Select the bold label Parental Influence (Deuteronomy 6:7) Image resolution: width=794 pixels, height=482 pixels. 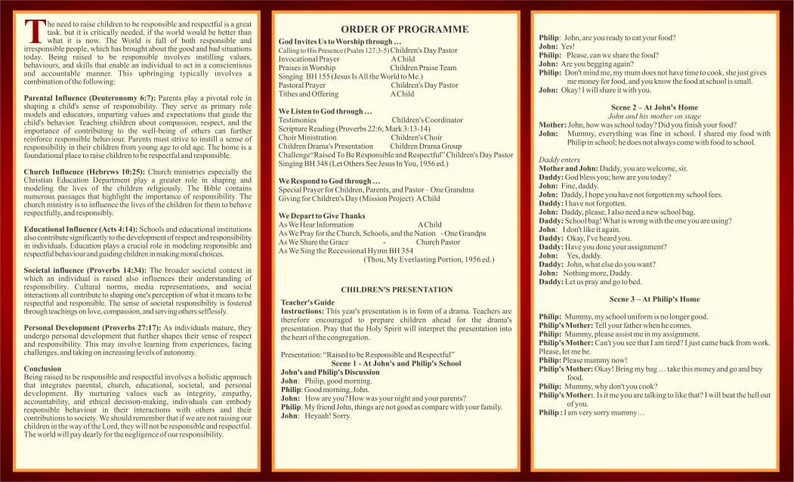[90, 99]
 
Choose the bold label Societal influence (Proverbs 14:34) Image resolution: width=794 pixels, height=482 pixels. [86, 270]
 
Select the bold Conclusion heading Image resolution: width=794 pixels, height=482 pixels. [43, 369]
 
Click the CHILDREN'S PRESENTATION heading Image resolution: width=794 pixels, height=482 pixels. [397, 289]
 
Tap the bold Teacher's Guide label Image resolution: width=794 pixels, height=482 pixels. [307, 302]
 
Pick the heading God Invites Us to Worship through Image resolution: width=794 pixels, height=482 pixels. [339, 42]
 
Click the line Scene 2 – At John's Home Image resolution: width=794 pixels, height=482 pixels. [654, 107]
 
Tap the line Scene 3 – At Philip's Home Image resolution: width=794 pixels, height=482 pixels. [654, 299]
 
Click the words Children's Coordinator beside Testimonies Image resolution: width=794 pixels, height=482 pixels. [427, 120]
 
